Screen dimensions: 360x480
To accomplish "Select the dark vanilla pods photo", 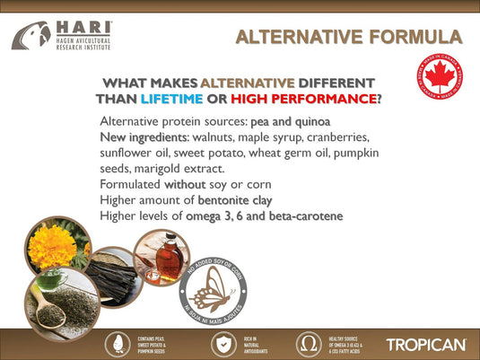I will [x=108, y=274].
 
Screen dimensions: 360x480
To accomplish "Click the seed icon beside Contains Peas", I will [x=118, y=344].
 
